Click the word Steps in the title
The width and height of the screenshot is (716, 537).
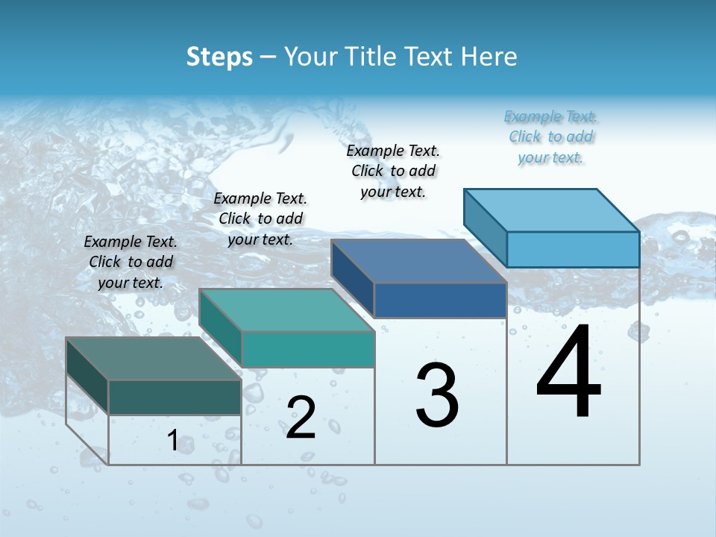coord(219,57)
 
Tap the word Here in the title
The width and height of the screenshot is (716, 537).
coord(489,57)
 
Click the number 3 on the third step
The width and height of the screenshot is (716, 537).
coord(437,395)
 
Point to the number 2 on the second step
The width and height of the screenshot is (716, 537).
coord(301,418)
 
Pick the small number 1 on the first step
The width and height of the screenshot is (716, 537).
coord(172,441)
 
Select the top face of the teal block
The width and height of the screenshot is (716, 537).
coord(286,310)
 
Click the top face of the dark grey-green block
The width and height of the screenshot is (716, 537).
coord(154,359)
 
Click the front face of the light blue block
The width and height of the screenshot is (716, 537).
coord(573,249)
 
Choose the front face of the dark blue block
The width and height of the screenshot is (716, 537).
coord(440,300)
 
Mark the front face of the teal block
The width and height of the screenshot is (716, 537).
coord(307,349)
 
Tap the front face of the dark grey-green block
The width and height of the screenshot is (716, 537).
coord(175,397)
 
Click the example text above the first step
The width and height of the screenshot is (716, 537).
coord(131,262)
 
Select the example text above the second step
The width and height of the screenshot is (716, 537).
coord(260,219)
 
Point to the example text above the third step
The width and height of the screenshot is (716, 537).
coord(393,171)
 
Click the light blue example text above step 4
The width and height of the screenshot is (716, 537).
coord(550,136)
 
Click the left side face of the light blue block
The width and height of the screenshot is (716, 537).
coord(486,227)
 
